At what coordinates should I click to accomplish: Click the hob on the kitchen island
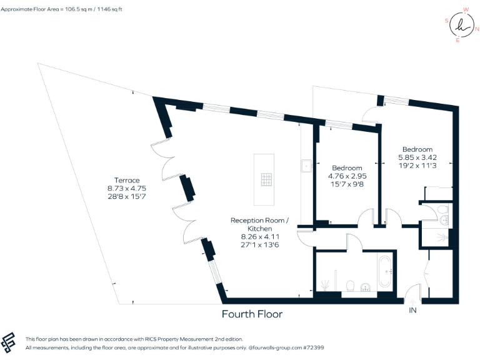point(266,180)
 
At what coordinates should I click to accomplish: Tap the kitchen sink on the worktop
point(306,166)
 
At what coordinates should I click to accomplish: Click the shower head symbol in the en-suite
point(444,237)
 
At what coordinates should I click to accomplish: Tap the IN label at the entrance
point(412,310)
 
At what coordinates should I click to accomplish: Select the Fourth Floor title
point(252,314)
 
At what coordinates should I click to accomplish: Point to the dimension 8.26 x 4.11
point(259,237)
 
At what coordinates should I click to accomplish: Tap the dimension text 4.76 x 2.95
point(347,176)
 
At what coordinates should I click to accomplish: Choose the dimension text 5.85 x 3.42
point(417,157)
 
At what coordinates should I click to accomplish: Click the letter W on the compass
point(466,10)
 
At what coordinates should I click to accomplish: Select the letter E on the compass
point(457,40)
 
